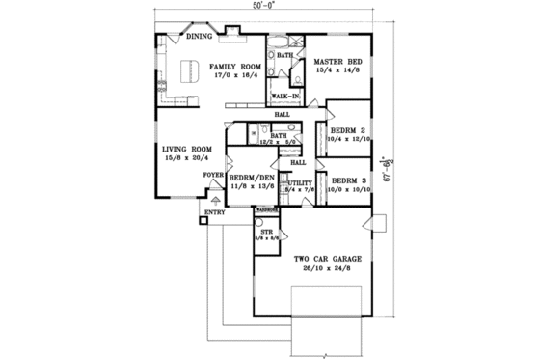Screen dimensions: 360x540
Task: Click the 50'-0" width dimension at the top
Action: (x=264, y=6)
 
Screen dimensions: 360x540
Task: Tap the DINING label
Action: (x=200, y=38)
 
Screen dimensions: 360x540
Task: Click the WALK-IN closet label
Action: (x=283, y=97)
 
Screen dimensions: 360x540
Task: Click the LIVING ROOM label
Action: (x=187, y=149)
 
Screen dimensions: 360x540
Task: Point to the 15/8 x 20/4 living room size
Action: (x=187, y=158)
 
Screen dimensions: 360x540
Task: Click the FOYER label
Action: (x=212, y=176)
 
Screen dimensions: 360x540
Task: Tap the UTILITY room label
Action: (x=300, y=182)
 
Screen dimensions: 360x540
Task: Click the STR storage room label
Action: (x=267, y=233)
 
